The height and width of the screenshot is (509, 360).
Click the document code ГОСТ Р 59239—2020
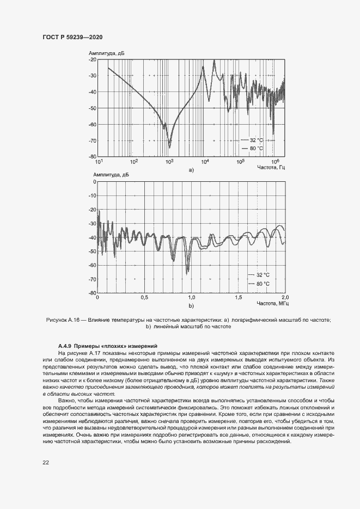[72, 37]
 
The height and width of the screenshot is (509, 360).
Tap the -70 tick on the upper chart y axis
[92, 141]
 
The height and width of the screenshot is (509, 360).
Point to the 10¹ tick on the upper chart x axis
[99, 161]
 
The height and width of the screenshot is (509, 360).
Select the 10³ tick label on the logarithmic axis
[169, 161]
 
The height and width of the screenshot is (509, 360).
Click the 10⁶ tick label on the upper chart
[275, 161]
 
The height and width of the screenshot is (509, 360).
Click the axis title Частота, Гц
[271, 167]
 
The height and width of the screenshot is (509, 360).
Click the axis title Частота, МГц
[273, 303]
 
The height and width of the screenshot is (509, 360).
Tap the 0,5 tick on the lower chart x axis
[144, 298]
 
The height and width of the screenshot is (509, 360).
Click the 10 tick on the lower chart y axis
[92, 182]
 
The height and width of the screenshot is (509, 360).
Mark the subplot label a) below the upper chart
[191, 170]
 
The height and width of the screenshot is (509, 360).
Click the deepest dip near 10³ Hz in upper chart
[169, 146]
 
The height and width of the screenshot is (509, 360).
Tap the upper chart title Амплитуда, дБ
[106, 53]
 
